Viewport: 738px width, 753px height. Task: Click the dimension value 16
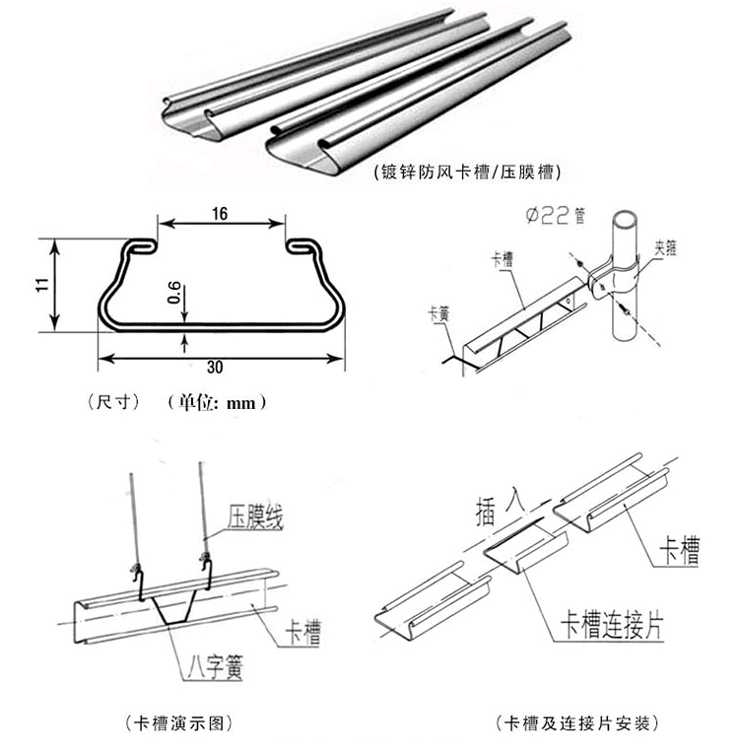pos(219,213)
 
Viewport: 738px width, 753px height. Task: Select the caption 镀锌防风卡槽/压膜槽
pos(467,172)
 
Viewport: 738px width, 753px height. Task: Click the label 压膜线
pos(255,516)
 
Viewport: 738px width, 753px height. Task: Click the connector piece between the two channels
pos(522,552)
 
